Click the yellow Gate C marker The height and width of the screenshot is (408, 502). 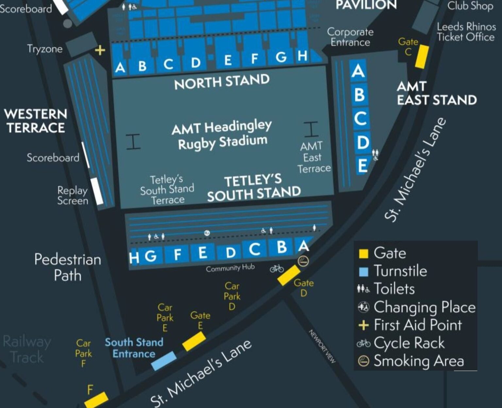point(422,57)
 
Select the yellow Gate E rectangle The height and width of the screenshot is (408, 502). point(194,341)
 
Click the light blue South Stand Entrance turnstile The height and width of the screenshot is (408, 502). point(164,361)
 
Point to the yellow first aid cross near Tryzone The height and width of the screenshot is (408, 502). point(100,50)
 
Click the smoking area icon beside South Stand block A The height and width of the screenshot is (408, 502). point(303,261)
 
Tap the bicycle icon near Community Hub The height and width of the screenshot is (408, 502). point(276,269)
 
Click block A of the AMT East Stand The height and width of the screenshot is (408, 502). point(358,71)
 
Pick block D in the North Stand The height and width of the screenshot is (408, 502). point(195,62)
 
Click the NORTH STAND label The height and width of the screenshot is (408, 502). point(222,82)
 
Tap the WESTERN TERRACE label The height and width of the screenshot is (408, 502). point(36,121)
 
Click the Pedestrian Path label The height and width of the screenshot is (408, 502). point(68,267)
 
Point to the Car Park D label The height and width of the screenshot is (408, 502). point(232,296)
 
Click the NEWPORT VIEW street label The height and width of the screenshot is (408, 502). point(322,346)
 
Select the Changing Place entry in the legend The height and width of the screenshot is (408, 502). point(424,307)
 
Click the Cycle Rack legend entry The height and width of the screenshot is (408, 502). point(409,343)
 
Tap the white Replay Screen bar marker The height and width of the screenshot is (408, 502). point(97,191)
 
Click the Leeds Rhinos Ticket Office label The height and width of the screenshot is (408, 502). point(466,32)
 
